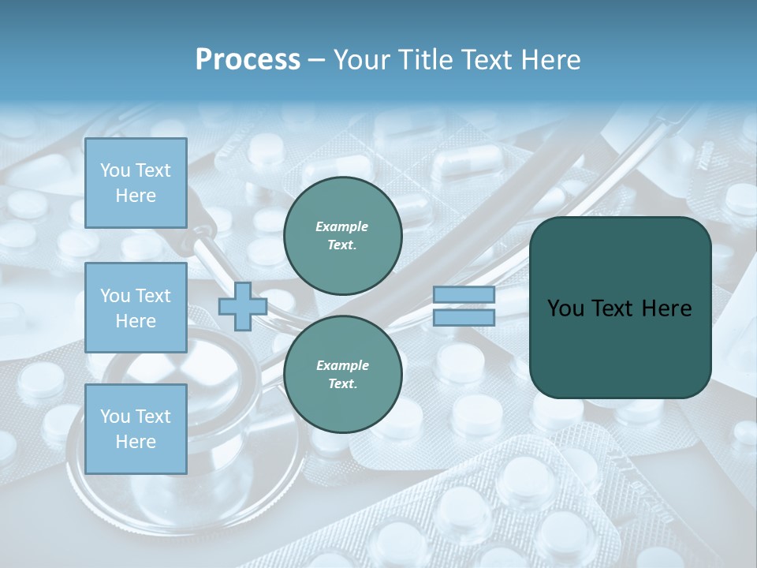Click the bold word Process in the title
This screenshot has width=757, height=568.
pos(248,60)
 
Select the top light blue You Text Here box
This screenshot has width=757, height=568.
pos(136,183)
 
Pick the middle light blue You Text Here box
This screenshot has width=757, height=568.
pos(136,308)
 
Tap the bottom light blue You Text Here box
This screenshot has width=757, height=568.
pos(136,429)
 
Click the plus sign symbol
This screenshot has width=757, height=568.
pos(243,307)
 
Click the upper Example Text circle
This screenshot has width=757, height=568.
pos(342,236)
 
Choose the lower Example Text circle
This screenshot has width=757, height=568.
pos(342,375)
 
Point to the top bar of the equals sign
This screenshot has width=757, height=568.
pos(464,294)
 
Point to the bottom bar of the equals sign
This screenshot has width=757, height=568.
pos(464,318)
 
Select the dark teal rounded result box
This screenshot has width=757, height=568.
pos(620,308)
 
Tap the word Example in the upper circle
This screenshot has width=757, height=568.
pos(342,226)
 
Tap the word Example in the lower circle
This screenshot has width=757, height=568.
pos(342,365)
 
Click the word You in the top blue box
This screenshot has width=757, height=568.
pos(115,170)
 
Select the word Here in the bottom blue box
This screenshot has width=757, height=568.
pos(136,442)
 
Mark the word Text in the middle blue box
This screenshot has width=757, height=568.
pos(152,296)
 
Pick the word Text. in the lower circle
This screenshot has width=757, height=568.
pos(342,384)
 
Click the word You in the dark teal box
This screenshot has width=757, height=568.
pos(565,308)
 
